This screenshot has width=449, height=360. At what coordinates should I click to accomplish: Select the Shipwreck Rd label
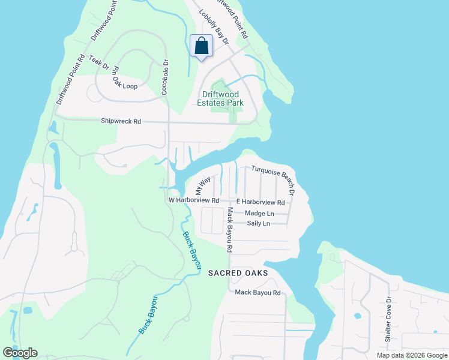(x=121, y=121)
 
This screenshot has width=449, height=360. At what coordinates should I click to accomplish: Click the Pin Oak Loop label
(x=124, y=78)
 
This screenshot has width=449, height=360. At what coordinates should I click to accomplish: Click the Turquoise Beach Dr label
(x=273, y=180)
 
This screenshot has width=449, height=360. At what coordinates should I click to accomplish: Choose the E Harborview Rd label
(x=261, y=202)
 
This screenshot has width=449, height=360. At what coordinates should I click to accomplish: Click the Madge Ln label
(x=259, y=214)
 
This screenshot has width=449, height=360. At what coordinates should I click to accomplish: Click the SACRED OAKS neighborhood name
(x=238, y=273)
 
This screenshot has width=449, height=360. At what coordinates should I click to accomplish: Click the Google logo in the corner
(x=20, y=353)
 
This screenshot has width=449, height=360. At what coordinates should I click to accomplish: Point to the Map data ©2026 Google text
(x=411, y=355)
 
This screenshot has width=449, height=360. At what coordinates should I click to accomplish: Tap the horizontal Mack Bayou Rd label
(x=258, y=293)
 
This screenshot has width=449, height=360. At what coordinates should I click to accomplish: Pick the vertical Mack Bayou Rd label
(x=229, y=229)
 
